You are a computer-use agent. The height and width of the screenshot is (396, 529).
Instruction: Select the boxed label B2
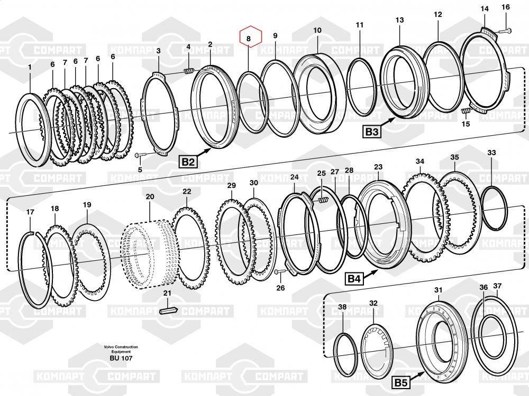188,162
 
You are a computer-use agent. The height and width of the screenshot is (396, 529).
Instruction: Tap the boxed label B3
372,131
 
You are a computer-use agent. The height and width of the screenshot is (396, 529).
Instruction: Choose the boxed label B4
354,278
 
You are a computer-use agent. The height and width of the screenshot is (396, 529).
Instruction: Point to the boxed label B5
401,382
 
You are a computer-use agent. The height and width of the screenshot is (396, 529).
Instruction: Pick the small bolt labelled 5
140,155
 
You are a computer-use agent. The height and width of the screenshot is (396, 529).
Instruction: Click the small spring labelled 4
189,71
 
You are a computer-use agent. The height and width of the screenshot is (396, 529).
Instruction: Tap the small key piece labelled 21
168,310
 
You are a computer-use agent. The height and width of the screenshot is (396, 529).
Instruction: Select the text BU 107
121,359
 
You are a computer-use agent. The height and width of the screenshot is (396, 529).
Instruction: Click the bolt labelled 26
281,271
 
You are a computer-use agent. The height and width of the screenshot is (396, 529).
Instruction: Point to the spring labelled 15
466,110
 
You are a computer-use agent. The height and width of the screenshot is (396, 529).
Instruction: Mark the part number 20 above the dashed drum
150,196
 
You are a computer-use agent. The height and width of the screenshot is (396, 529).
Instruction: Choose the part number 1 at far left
30,68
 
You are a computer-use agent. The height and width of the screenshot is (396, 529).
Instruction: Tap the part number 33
491,153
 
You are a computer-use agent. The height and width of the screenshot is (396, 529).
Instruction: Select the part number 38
342,307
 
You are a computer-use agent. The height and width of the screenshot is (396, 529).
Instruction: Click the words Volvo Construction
121,347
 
